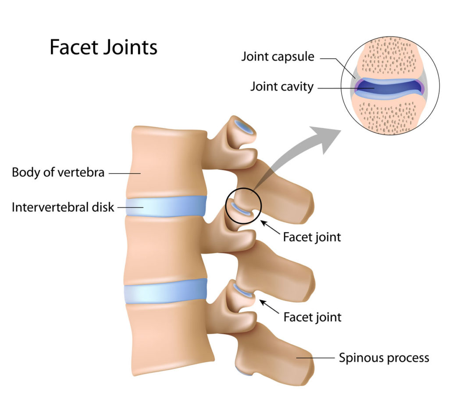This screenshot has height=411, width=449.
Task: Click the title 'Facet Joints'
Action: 103,47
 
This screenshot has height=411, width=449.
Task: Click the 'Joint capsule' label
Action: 278,57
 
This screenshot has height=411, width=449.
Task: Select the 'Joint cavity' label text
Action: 282,86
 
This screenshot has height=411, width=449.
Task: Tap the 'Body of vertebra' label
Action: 58,172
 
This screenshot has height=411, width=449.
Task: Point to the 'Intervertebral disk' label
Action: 63,207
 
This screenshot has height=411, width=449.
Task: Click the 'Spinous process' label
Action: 384,358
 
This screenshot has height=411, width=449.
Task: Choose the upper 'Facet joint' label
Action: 312,237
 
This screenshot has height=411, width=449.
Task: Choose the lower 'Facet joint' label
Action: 312,316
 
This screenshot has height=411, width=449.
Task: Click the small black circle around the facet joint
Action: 243,188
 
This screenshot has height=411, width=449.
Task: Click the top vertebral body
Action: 167,162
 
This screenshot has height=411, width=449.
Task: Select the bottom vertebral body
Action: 169,337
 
